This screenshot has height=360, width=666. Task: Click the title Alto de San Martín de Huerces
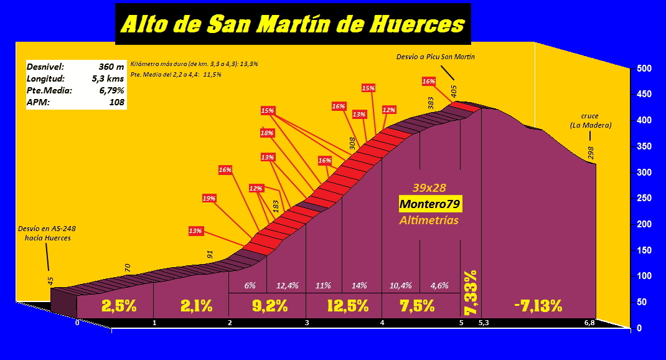(293, 24)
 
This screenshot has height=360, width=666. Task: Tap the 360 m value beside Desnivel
(111, 66)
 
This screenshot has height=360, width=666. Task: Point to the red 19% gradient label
(209, 198)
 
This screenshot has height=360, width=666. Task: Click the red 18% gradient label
(267, 133)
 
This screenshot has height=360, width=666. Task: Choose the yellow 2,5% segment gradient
(119, 306)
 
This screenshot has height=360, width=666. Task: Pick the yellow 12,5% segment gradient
(347, 306)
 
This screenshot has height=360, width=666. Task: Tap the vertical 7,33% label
(471, 292)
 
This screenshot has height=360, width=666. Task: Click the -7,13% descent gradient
(538, 306)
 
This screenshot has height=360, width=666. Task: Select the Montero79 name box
(429, 204)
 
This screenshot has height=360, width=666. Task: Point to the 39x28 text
(429, 187)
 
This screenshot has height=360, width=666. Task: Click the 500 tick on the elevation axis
(644, 69)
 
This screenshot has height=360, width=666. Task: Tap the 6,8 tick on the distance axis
(589, 323)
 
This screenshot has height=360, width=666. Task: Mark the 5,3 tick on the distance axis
(484, 323)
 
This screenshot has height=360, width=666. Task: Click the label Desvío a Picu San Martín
(435, 57)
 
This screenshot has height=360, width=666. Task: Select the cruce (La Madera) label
(591, 121)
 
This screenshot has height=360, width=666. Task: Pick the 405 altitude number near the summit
(454, 92)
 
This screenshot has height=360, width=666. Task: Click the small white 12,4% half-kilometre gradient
(287, 286)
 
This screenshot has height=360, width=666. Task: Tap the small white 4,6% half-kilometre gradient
(439, 286)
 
